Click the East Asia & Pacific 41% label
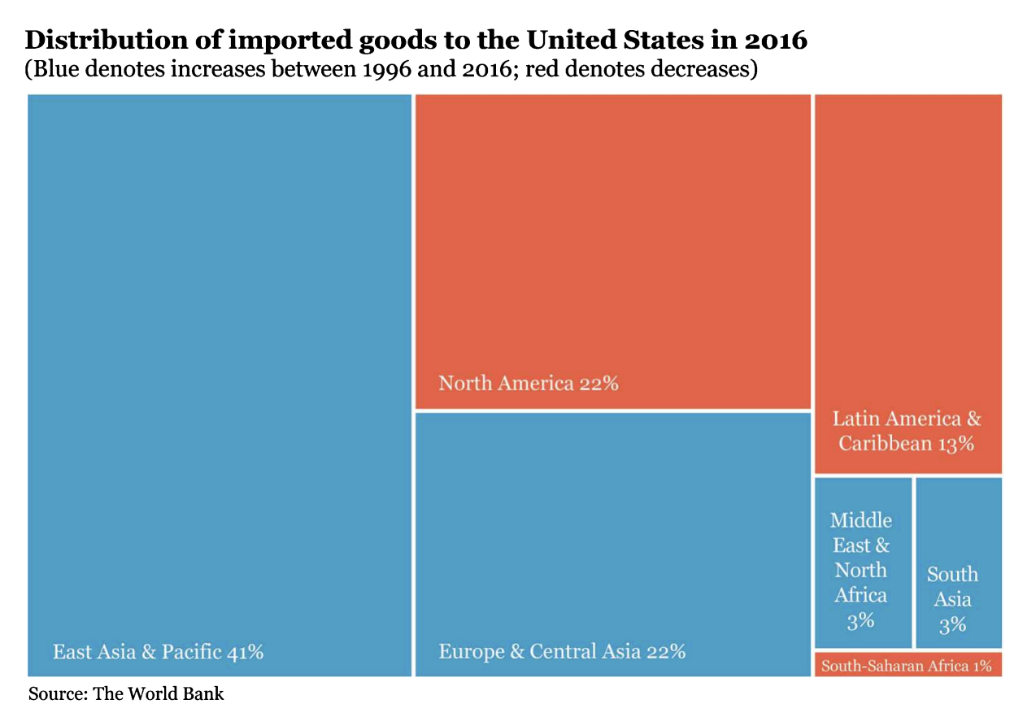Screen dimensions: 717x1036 158,652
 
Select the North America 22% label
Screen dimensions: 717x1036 529,383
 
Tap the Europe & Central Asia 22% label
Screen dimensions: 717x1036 562,652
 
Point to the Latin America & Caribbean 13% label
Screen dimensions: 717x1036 907,431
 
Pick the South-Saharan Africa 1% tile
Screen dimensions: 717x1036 907,666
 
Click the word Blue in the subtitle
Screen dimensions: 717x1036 52,70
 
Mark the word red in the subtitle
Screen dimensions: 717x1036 540,70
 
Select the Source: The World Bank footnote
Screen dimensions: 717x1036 126,694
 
